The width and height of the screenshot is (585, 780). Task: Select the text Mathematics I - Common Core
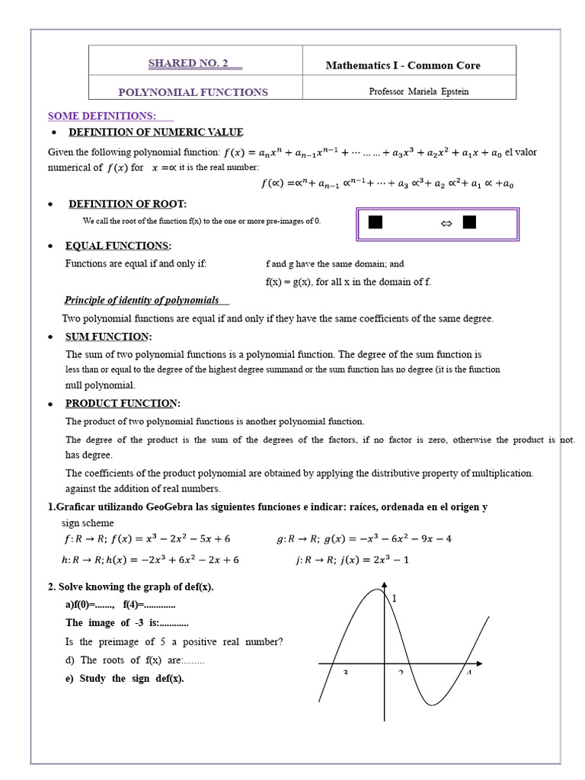(x=403, y=66)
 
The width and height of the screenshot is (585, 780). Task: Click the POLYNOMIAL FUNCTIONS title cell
(x=193, y=92)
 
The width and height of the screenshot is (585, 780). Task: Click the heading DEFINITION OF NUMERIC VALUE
(x=156, y=133)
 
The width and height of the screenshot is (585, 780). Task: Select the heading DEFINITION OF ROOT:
(x=127, y=204)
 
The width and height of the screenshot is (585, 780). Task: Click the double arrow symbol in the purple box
(x=446, y=223)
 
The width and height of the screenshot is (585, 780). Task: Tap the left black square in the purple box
(x=375, y=222)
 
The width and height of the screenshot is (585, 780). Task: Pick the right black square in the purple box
(x=469, y=222)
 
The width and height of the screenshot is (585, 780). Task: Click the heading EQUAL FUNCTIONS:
(x=118, y=246)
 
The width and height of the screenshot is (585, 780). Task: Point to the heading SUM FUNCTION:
(x=108, y=337)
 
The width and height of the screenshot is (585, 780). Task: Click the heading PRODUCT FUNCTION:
(x=123, y=403)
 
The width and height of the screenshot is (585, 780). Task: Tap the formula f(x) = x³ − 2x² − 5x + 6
(x=147, y=539)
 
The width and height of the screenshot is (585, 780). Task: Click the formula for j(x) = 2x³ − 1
(x=353, y=560)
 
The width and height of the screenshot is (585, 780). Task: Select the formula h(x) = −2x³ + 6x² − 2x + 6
(x=150, y=560)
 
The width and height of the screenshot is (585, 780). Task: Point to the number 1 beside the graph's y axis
(x=395, y=599)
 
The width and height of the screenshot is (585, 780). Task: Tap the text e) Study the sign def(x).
(x=125, y=679)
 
